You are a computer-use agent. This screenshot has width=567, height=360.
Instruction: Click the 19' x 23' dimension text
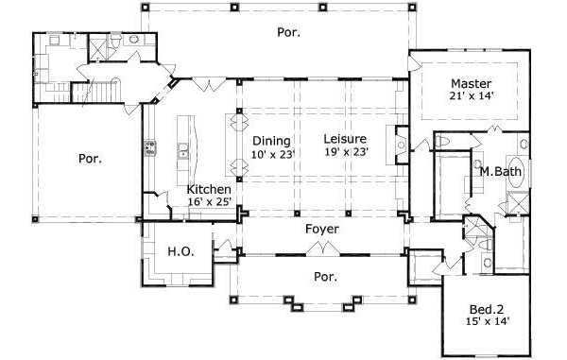pos(347,152)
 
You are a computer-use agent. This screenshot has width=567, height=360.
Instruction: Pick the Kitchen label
pos(209,189)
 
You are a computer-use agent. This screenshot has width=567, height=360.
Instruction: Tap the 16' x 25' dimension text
pos(209,202)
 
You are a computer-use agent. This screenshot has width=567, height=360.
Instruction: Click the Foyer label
pos(322,230)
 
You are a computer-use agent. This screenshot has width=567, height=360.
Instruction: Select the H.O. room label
pos(180,251)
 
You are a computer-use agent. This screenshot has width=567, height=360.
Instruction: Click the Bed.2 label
pos(489,308)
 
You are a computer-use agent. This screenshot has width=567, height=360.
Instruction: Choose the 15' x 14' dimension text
pos(489,322)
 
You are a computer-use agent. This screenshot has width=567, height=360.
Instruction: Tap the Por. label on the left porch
pos(90,159)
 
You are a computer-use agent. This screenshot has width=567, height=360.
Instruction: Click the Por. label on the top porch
pos(288,32)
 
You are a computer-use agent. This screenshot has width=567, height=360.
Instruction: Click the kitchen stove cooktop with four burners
pos(149,147)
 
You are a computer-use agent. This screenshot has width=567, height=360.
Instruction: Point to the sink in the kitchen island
pos(181,149)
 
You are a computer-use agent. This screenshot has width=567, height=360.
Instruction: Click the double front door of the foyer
pos(323,249)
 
